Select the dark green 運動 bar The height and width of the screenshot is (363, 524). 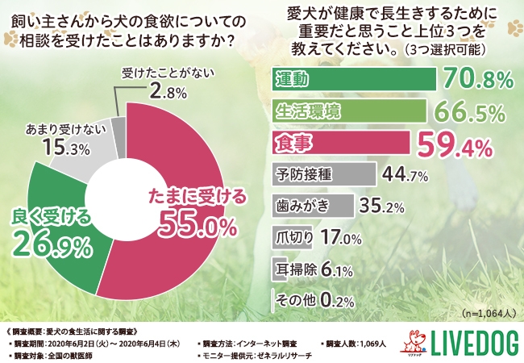click(355, 79)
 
